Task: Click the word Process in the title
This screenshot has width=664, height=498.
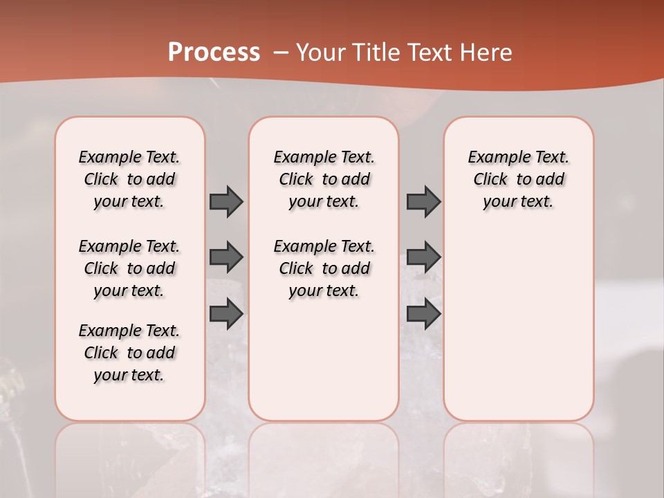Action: pos(214,52)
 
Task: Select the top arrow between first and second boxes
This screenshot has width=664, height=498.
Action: pos(226,201)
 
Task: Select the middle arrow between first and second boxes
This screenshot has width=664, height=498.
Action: pos(226,257)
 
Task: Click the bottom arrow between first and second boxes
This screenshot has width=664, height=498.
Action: pos(226,314)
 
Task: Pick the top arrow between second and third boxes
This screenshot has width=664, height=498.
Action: pos(423,201)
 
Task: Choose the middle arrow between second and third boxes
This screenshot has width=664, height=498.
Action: pos(423,257)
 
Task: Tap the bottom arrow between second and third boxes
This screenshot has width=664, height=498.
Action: pos(423,314)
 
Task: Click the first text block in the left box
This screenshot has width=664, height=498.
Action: pos(129,179)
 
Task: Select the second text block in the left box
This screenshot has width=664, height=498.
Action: pos(129,268)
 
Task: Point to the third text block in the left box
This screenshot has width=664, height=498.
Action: pos(129,353)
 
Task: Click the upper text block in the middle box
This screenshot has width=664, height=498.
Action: pos(324,179)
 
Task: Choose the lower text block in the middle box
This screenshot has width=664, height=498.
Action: pos(324,268)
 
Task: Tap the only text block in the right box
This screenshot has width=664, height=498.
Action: pos(518,179)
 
